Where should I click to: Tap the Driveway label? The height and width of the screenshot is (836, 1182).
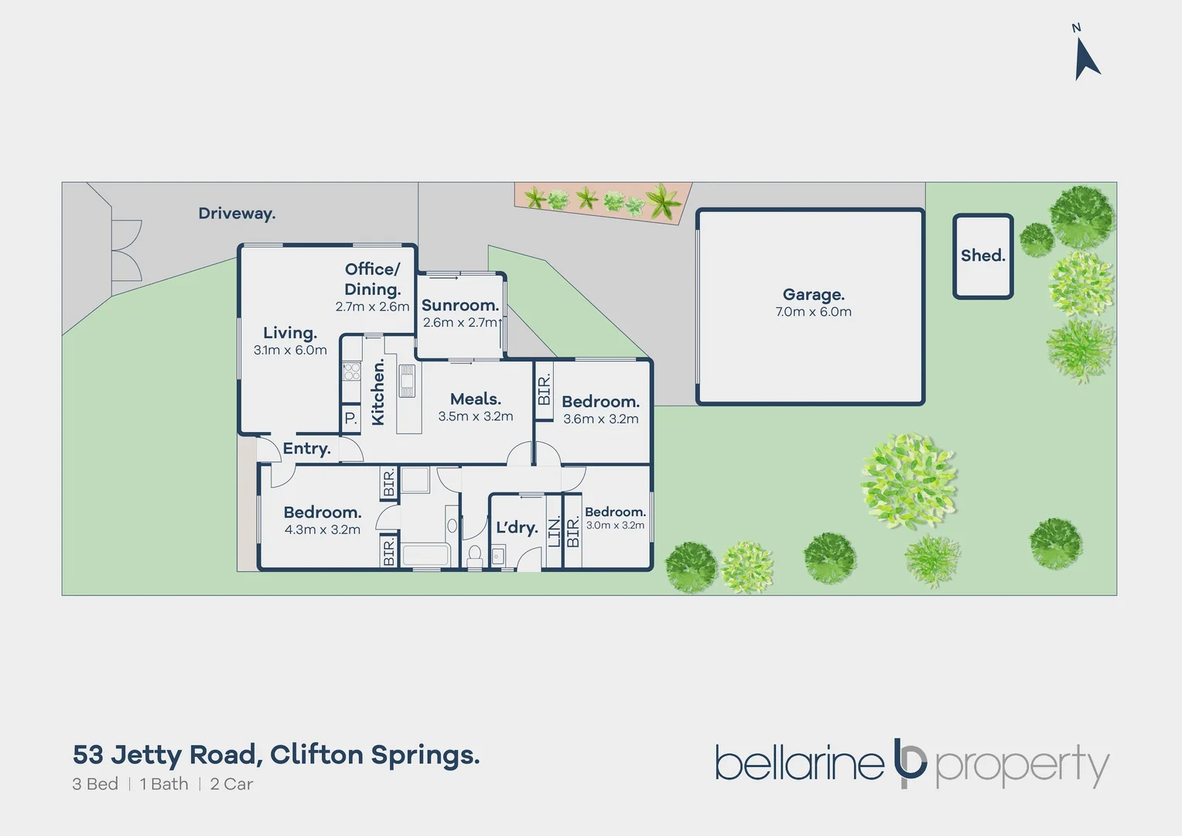pyautogui.click(x=237, y=214)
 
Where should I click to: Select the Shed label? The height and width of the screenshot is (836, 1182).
pyautogui.click(x=982, y=255)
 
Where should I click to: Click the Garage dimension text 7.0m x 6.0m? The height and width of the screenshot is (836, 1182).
pyautogui.click(x=813, y=312)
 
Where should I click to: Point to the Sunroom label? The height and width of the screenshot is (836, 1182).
pyautogui.click(x=460, y=305)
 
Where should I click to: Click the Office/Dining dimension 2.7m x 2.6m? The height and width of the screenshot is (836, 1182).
pyautogui.click(x=373, y=307)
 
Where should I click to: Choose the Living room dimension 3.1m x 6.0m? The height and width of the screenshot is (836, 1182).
pyautogui.click(x=290, y=350)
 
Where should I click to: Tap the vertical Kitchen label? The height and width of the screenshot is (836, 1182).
pyautogui.click(x=378, y=392)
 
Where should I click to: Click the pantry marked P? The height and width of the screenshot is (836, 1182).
pyautogui.click(x=351, y=419)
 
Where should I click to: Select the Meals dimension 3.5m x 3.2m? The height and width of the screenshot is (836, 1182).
pyautogui.click(x=476, y=416)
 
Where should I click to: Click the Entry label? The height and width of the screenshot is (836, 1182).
pyautogui.click(x=306, y=448)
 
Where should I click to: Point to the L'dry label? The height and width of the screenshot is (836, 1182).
pyautogui.click(x=517, y=527)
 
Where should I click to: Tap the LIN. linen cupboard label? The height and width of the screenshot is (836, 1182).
pyautogui.click(x=554, y=533)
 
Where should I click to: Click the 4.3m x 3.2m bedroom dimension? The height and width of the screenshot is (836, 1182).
pyautogui.click(x=323, y=529)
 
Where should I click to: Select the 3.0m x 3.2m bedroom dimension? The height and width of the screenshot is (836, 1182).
pyautogui.click(x=615, y=525)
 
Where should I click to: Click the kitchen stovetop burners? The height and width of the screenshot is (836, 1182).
pyautogui.click(x=352, y=371)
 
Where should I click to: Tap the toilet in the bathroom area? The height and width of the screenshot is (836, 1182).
pyautogui.click(x=474, y=557)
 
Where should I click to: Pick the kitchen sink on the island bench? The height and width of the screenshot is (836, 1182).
pyautogui.click(x=407, y=381)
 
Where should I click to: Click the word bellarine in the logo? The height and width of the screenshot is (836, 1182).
pyautogui.click(x=799, y=762)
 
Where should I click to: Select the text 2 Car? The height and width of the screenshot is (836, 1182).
pyautogui.click(x=231, y=783)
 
